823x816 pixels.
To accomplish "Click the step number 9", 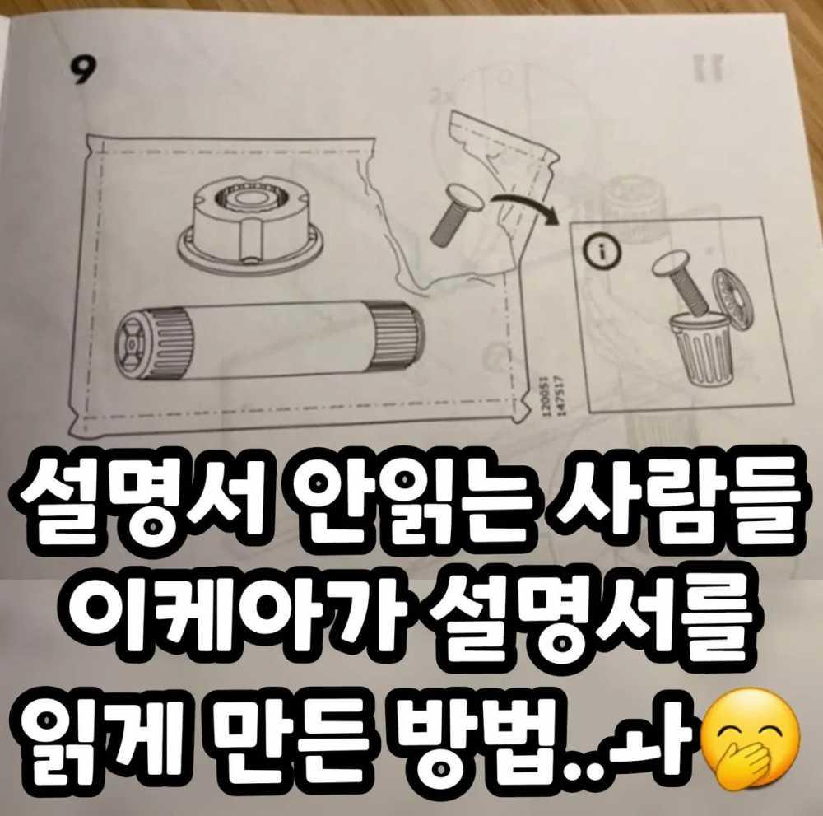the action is pos(84,70).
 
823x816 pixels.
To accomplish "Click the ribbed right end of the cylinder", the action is pos(398,333).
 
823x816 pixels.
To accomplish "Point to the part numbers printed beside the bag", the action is pos(552,395).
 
